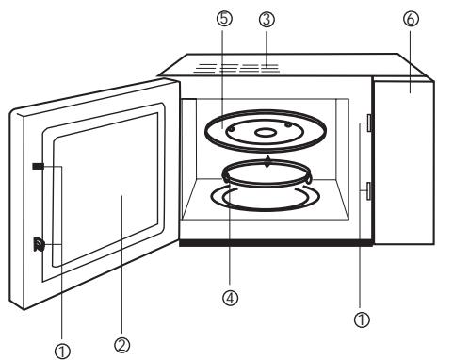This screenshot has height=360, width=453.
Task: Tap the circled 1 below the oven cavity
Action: pos(361,320)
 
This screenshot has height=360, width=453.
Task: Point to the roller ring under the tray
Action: pos(268,178)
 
